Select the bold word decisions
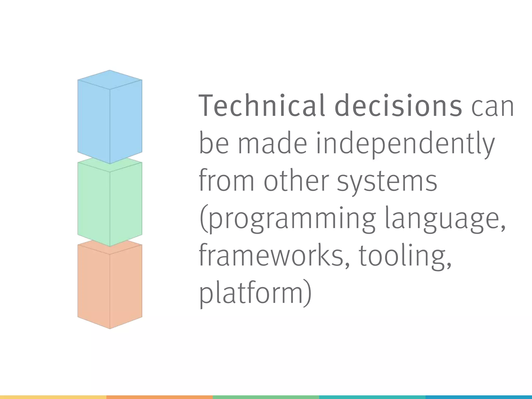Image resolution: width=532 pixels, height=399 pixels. tap(398, 106)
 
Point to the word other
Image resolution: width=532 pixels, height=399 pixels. tap(296, 181)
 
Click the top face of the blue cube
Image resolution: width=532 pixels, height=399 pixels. tap(110, 79)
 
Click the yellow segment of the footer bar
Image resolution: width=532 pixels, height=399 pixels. tap(53, 397)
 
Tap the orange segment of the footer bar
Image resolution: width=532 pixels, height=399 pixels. tap(159, 397)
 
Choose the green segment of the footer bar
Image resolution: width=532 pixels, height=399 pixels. tap(266, 397)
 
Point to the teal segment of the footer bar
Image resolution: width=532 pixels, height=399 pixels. tap(372, 397)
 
